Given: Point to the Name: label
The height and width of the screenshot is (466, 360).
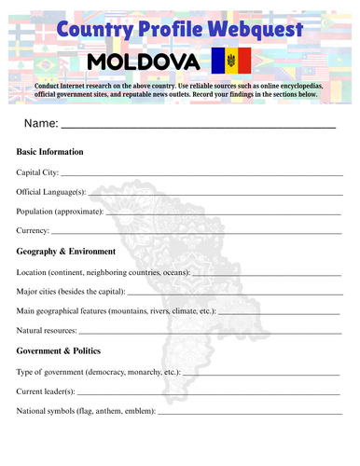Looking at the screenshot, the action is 42,123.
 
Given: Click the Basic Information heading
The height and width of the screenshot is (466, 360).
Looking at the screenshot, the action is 50,152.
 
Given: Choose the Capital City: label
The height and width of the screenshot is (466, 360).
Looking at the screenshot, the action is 37,172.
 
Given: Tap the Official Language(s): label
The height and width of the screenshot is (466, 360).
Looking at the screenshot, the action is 51,192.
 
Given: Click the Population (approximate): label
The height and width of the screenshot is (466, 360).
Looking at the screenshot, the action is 61,212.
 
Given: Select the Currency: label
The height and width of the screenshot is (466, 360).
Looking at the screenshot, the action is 33,231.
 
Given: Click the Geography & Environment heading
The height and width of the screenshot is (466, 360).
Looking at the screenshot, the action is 66,252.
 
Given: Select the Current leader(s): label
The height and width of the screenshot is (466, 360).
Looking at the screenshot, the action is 46,391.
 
